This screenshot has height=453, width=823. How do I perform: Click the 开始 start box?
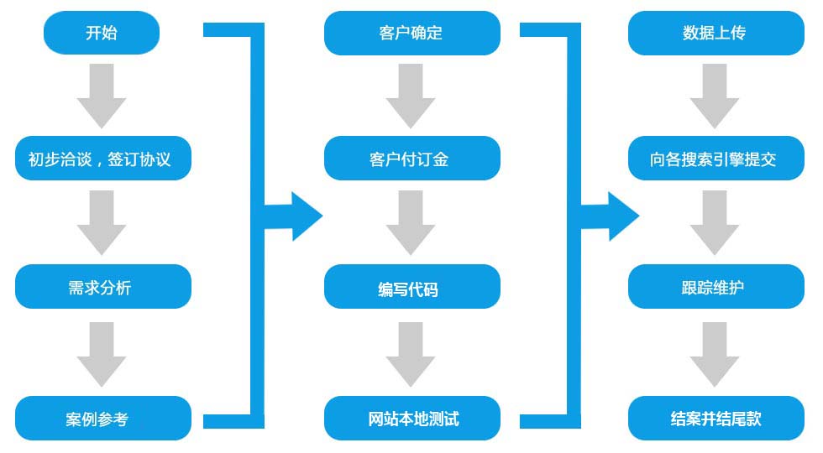[102, 33]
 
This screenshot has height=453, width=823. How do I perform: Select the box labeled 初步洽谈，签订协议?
[102, 159]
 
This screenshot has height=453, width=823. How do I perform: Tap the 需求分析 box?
[102, 287]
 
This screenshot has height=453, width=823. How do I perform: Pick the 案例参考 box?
[102, 419]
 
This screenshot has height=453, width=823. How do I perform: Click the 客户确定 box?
[412, 33]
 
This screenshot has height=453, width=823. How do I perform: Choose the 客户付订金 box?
[412, 159]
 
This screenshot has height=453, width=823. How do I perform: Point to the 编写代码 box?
[412, 287]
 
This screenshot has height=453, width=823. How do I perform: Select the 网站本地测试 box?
[412, 419]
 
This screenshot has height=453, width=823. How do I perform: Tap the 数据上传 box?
[716, 33]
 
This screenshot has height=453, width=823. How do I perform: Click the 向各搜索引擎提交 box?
[716, 159]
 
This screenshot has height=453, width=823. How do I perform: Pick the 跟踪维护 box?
[716, 287]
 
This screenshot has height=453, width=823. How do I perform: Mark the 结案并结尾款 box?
[716, 419]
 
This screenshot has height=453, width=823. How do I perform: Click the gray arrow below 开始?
[102, 96]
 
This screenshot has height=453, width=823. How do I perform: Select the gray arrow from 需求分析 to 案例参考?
[102, 354]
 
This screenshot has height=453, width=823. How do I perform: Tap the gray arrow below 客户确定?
[411, 96]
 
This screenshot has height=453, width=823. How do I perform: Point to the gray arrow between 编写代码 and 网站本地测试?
[411, 354]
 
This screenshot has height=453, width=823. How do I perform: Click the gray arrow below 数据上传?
[715, 96]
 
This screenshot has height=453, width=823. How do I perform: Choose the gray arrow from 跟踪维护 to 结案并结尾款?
[715, 354]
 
